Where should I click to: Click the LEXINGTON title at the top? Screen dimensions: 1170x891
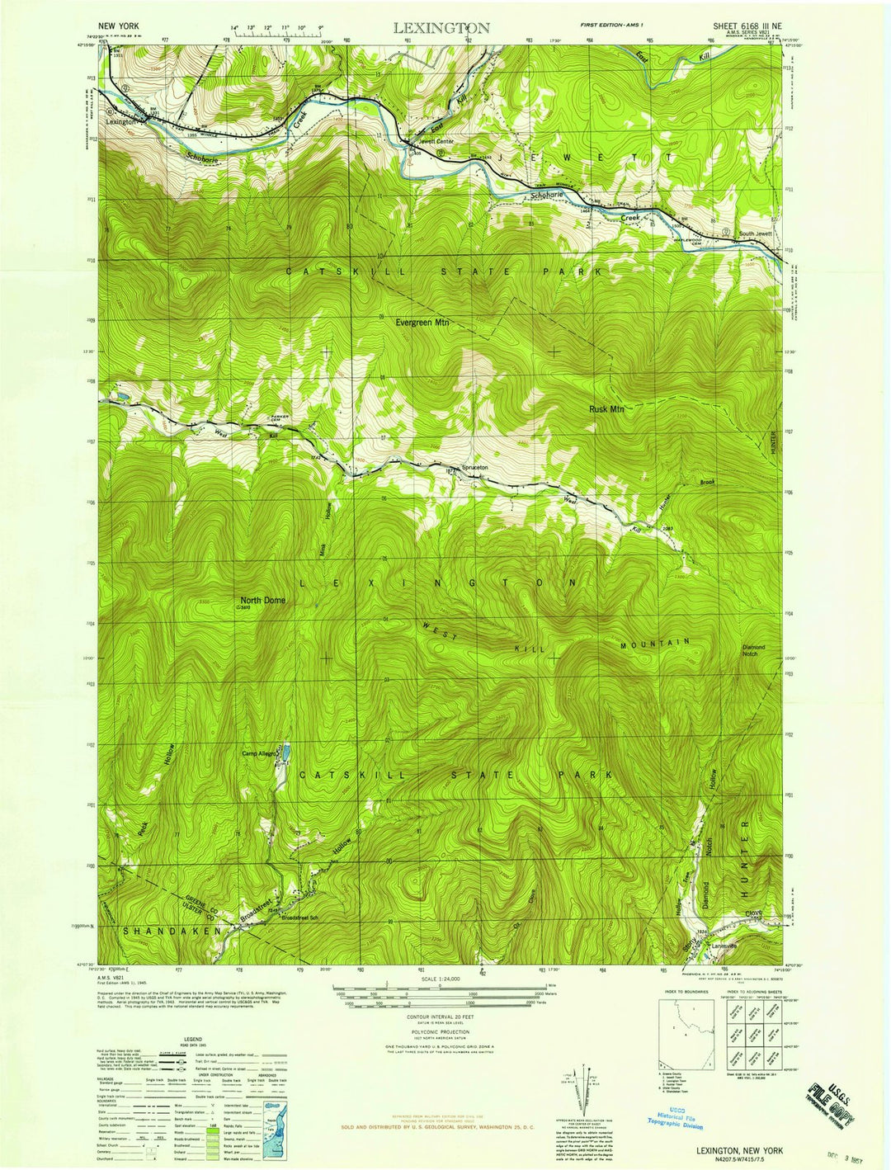(441, 28)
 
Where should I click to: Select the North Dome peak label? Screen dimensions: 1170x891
(262, 600)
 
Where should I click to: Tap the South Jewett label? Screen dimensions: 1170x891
(755, 234)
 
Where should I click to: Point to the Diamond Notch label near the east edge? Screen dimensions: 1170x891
(753, 650)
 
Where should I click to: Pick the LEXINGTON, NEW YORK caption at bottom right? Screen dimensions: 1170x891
(739, 1149)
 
